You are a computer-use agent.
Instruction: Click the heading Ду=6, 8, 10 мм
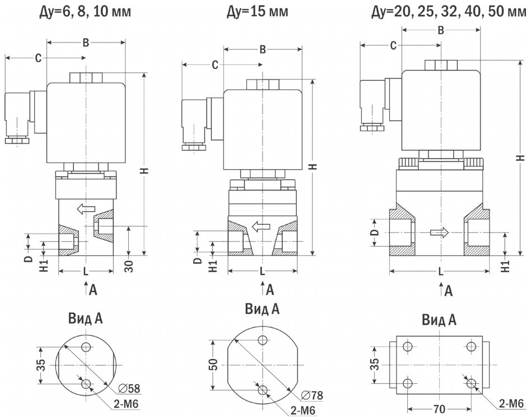[86, 11]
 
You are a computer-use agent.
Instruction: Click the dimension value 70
[439, 409]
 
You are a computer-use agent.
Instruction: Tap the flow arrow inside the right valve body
[440, 232]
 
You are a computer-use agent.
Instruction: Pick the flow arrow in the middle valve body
[260, 227]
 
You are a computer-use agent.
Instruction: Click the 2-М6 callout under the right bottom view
[511, 403]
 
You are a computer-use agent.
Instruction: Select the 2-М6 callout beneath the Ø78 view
[302, 411]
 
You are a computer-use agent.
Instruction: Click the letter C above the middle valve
[215, 65]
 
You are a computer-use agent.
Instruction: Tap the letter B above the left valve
[86, 41]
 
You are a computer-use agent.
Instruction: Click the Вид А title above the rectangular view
[439, 320]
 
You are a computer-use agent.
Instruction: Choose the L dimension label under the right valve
[441, 271]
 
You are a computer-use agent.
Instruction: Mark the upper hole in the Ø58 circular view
[86, 347]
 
